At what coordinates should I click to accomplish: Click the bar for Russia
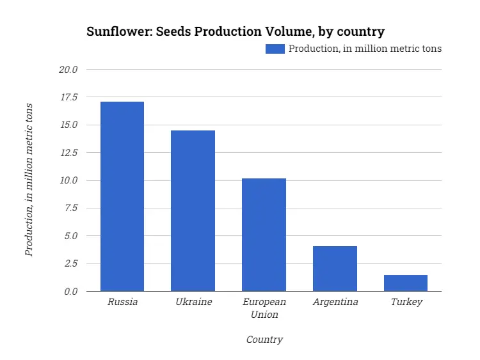(122, 196)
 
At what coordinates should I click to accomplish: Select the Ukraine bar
(193, 211)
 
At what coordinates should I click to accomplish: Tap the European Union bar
(264, 235)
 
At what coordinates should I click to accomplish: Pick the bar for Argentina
(335, 269)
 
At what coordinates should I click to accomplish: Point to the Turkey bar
(406, 283)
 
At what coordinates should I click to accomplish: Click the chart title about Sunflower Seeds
(236, 31)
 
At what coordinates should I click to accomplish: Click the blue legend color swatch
(275, 49)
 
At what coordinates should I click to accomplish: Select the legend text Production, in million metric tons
(365, 49)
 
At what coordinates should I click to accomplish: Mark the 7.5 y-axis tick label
(70, 208)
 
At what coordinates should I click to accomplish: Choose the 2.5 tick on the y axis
(70, 263)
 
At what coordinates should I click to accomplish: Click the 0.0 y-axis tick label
(70, 292)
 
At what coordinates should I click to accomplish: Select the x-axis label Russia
(122, 302)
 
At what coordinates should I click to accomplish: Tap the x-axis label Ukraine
(193, 302)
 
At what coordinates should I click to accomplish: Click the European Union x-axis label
(264, 308)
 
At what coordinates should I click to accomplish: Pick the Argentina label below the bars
(335, 302)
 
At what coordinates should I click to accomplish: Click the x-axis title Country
(264, 340)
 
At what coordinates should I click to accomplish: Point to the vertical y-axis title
(29, 179)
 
